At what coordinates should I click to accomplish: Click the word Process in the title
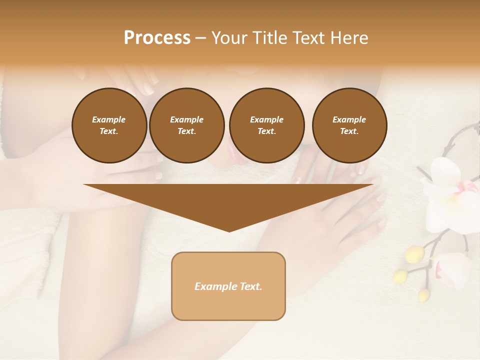[x=157, y=38]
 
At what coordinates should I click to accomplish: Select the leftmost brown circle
[x=109, y=125]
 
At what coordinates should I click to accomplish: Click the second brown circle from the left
[x=186, y=125]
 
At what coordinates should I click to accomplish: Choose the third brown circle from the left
[x=266, y=125]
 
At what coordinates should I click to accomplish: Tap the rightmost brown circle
[x=349, y=125]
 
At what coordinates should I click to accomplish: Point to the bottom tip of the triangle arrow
[x=229, y=230]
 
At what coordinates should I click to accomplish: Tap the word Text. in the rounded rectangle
[x=250, y=286]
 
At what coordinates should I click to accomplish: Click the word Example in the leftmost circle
[x=109, y=120]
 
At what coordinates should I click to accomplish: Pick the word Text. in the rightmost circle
[x=349, y=131]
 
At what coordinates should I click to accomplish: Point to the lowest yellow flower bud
[x=423, y=294]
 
